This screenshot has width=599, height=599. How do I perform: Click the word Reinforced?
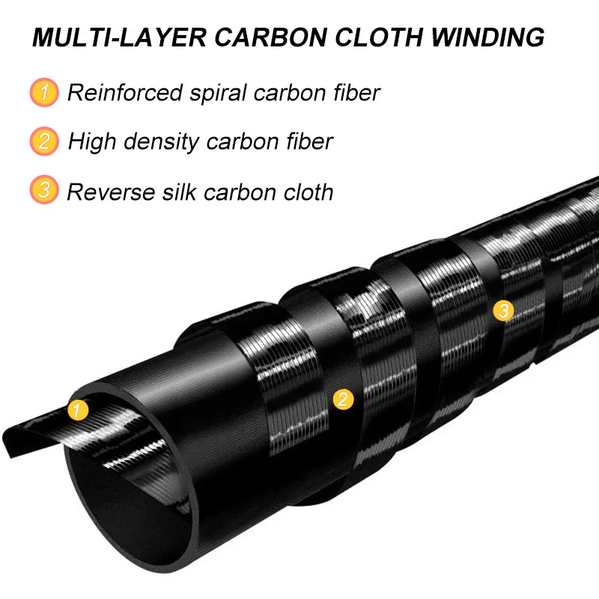coord(125,93)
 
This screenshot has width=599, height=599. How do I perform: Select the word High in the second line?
coord(92,142)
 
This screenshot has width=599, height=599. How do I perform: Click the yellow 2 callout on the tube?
coord(343,398)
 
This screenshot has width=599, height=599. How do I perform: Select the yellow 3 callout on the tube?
coord(503,310)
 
